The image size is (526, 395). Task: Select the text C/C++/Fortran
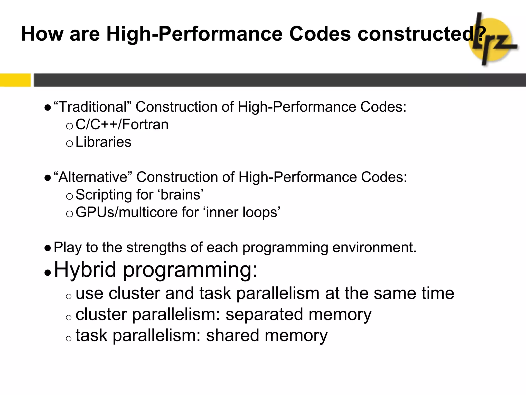point(122,124)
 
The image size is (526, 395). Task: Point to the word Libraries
point(103,142)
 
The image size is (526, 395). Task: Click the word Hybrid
point(85,270)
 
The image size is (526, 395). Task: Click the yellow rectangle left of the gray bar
point(15,80)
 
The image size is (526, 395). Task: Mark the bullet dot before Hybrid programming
point(48,273)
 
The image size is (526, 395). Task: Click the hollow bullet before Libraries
point(69,143)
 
